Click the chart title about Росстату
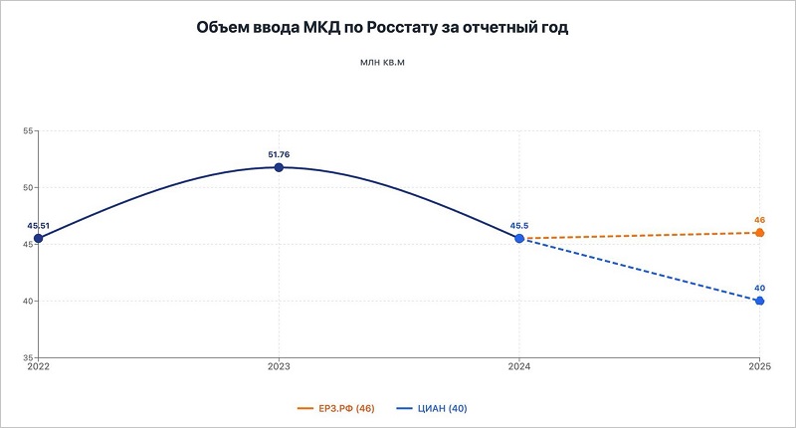point(383,28)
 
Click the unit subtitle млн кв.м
point(383,64)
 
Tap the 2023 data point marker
point(279,167)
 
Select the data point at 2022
point(38,239)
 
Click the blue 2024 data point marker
point(519,239)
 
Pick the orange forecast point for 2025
point(759,233)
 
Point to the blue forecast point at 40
point(759,301)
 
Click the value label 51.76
point(279,154)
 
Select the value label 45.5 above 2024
point(519,226)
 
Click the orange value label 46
point(759,220)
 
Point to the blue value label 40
point(759,288)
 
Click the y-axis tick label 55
point(28,131)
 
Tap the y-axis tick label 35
point(28,357)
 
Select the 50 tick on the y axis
point(28,188)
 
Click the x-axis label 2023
point(279,368)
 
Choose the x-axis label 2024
point(519,368)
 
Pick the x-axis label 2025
point(759,368)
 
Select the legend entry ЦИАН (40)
point(434,408)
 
